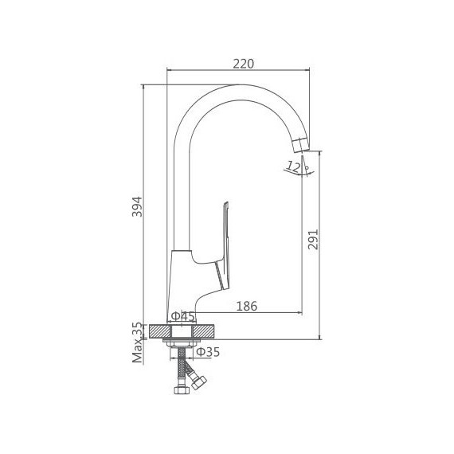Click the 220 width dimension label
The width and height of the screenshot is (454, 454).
(243, 64)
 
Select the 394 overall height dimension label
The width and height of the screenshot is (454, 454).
(137, 206)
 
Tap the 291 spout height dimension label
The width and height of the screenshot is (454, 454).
(313, 239)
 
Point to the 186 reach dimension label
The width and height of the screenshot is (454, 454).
(247, 306)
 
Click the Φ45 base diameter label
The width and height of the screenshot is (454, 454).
(183, 316)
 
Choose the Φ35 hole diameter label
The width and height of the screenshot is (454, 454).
(208, 352)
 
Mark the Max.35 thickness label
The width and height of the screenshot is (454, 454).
(138, 342)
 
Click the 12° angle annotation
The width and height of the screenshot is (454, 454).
(296, 166)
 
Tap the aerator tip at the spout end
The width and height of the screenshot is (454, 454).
(300, 145)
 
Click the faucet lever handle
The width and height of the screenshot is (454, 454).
(225, 246)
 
